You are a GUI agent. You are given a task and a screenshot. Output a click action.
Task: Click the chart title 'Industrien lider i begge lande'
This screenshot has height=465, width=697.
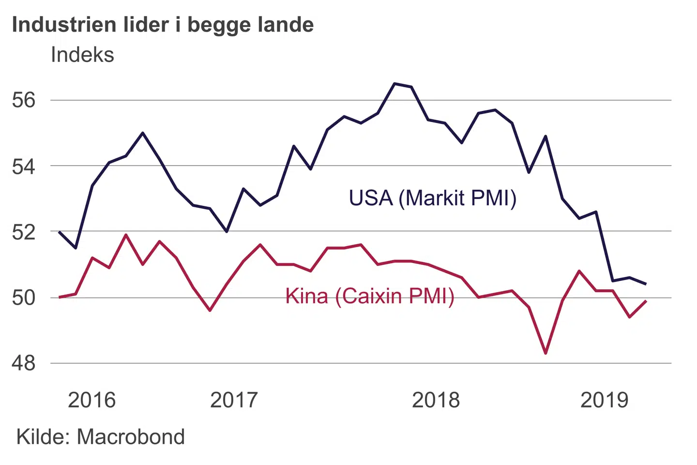163,25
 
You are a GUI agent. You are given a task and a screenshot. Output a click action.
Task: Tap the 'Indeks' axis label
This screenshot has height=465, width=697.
82,55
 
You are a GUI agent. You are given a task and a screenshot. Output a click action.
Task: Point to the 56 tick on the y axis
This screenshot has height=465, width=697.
24,100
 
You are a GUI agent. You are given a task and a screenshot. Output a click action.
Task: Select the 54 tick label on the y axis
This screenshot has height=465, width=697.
24,166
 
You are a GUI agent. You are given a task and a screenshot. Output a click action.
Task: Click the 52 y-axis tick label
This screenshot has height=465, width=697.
24,232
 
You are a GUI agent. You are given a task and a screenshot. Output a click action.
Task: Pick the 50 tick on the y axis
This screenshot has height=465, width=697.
24,297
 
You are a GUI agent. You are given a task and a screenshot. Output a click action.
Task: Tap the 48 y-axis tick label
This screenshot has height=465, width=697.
24,363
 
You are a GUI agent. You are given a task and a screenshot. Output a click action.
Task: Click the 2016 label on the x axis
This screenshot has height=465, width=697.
91,400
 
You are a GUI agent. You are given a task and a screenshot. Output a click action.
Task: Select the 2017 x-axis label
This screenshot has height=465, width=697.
234,400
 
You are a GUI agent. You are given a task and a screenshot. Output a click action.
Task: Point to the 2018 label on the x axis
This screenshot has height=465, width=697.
436,400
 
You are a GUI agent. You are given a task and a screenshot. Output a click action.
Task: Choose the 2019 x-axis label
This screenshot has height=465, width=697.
604,400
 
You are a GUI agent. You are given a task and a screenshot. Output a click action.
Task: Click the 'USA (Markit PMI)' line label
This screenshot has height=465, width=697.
433,198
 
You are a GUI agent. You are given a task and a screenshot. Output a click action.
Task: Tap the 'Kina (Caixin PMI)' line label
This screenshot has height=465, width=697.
370,296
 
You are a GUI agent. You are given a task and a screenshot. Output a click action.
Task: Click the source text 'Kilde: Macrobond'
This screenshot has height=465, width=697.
101,437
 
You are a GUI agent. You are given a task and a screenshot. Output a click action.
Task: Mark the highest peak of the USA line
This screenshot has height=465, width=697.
394,84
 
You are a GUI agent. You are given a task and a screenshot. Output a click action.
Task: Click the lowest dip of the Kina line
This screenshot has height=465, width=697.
545,353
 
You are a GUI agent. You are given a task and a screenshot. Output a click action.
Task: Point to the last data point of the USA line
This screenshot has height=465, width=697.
646,284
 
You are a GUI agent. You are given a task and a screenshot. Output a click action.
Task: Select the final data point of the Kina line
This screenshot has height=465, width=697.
646,301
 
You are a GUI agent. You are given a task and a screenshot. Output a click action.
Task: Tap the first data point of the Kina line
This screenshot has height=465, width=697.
59,297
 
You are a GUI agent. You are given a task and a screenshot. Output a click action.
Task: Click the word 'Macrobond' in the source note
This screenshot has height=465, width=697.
131,437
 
